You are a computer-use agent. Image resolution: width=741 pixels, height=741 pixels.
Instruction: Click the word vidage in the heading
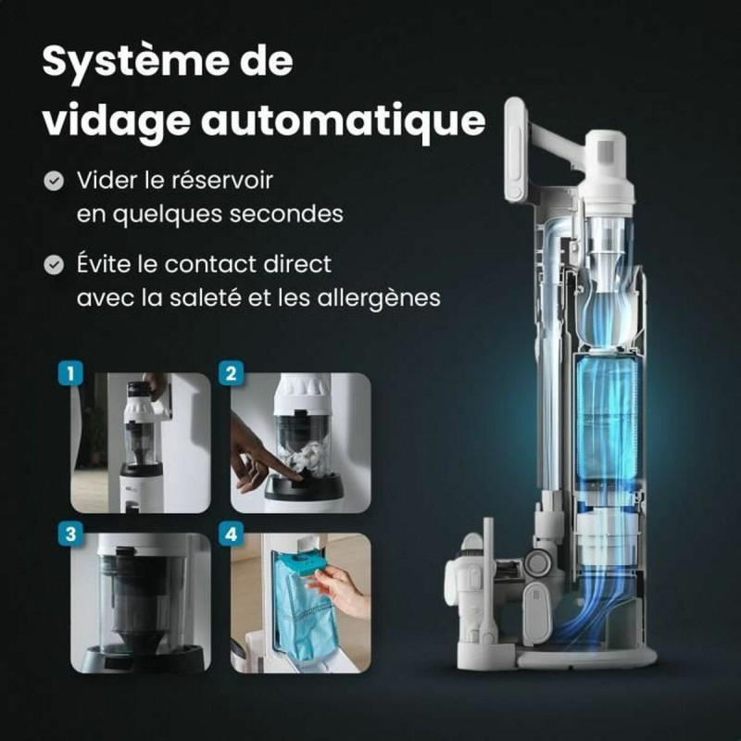point(117,119)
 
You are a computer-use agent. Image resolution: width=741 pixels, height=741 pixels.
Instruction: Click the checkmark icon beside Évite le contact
point(55,265)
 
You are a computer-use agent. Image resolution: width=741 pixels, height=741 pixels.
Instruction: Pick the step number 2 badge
point(230,374)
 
